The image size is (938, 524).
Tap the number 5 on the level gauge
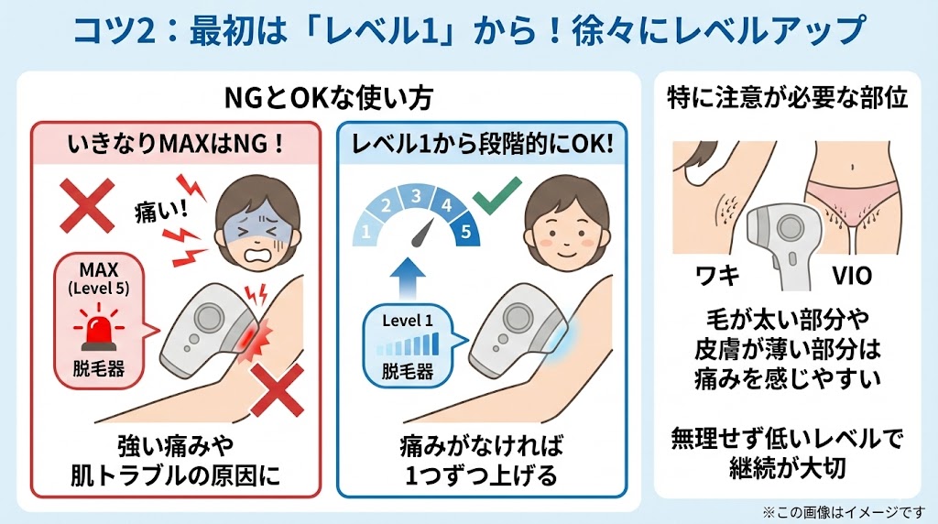465,232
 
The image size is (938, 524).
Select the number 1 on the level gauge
365,232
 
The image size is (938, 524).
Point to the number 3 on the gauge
416,196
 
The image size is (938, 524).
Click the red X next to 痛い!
88,206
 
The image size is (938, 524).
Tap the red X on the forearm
277,390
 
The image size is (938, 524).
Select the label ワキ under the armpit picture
717,276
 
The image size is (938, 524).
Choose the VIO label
852,276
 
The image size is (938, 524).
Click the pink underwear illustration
848,196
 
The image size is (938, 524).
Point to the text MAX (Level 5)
99,278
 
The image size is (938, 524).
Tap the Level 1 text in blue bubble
408,321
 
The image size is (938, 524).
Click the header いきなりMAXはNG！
175,145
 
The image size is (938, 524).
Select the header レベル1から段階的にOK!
482,144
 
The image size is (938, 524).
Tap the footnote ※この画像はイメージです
844,512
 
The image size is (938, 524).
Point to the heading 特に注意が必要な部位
787,99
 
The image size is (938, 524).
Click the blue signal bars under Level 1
408,345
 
